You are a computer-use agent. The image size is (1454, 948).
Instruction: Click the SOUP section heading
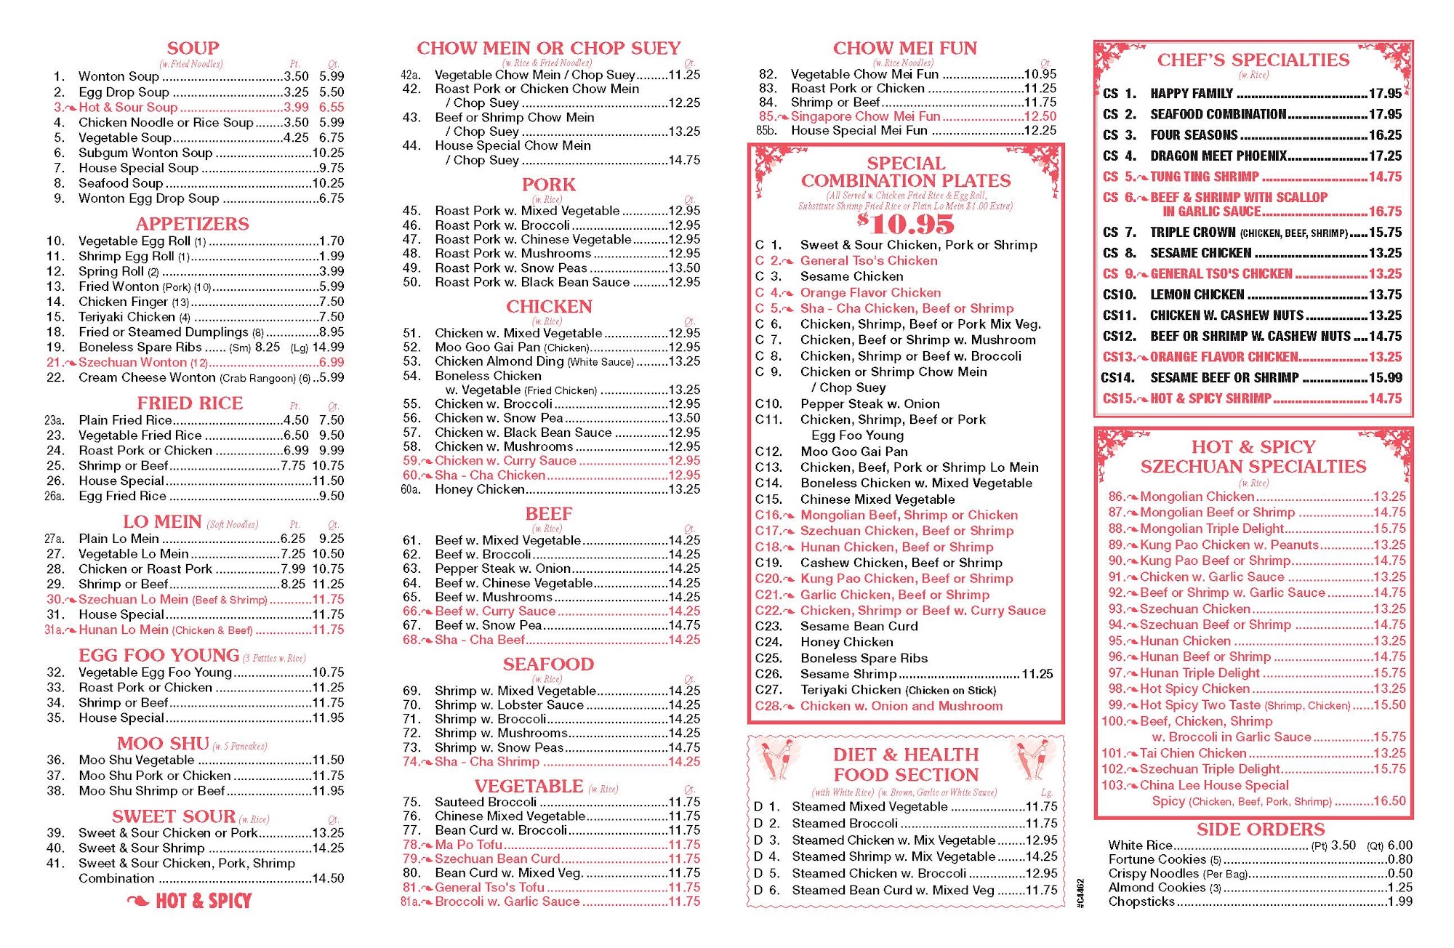(x=193, y=49)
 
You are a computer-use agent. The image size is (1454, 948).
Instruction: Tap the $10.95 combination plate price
(x=905, y=223)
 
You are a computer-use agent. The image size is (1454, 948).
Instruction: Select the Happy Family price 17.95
(x=1385, y=94)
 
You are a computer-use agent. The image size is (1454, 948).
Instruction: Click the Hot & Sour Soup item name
(x=128, y=108)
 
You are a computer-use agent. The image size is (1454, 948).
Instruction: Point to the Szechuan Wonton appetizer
(x=133, y=363)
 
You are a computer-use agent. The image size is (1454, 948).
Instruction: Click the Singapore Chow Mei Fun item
(x=865, y=116)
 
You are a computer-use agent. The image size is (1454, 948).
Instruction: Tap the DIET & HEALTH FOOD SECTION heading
(x=906, y=765)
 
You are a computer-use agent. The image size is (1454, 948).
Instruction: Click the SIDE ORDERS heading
(x=1261, y=829)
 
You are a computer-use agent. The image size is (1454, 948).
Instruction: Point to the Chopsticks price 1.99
(x=1399, y=901)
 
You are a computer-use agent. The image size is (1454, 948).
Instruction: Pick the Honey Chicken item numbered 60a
(x=479, y=490)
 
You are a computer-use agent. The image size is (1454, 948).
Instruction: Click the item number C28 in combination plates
(x=768, y=706)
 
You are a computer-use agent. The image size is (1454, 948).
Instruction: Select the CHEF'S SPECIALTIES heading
(x=1253, y=60)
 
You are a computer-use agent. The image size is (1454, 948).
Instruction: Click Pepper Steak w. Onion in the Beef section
(x=502, y=569)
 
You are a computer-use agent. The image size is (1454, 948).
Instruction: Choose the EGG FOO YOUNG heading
(x=158, y=656)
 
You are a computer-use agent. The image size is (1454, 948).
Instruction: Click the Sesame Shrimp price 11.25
(x=1037, y=674)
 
